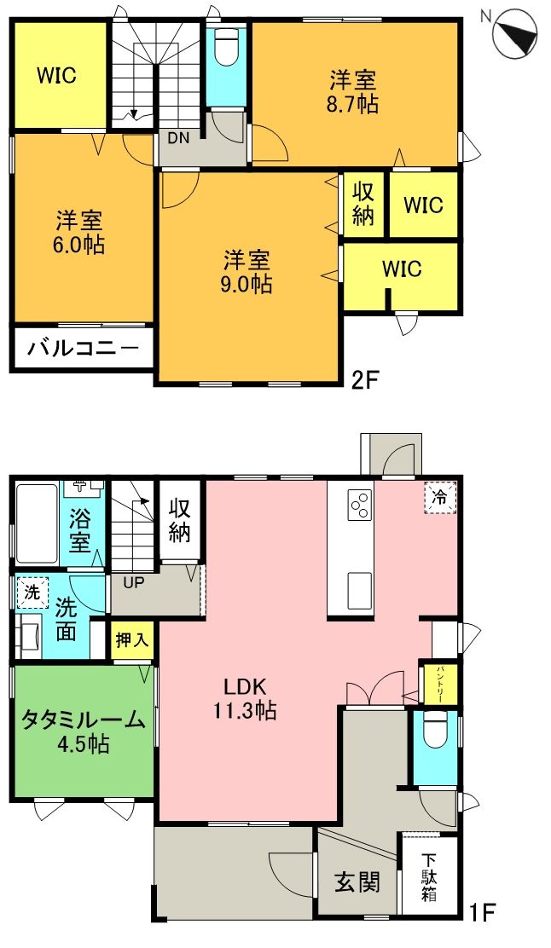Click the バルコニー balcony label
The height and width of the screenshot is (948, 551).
[83, 348]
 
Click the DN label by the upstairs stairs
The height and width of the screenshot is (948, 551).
[177, 136]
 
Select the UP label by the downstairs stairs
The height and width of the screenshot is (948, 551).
[134, 582]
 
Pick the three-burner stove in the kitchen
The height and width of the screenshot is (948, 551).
[358, 506]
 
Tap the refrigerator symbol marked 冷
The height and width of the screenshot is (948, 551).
[441, 497]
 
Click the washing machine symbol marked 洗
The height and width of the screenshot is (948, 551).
[32, 592]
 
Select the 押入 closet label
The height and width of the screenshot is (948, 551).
[132, 640]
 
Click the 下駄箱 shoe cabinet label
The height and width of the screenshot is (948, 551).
[429, 878]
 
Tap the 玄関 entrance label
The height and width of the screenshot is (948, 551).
[357, 883]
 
